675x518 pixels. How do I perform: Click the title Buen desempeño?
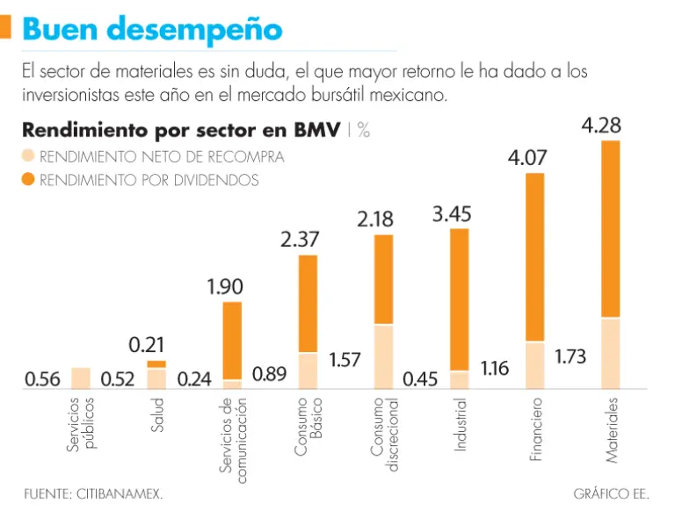click(152, 29)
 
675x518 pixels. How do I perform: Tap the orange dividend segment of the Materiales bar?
click(611, 228)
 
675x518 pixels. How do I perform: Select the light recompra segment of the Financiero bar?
click(534, 365)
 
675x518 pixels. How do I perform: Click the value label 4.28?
click(601, 126)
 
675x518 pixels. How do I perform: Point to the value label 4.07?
click(527, 159)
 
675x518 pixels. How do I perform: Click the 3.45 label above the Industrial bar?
click(453, 213)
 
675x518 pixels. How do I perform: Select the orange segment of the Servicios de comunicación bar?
click(232, 341)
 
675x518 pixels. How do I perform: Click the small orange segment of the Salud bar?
click(156, 363)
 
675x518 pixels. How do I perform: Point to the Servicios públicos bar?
click(81, 378)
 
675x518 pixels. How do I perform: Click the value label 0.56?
click(42, 379)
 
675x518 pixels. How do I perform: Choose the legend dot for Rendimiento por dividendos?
click(28, 180)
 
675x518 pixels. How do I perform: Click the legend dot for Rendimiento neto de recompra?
click(28, 157)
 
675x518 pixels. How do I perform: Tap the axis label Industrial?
click(460, 425)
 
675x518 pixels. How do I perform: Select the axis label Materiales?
click(612, 429)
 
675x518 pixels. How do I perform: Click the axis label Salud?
click(157, 414)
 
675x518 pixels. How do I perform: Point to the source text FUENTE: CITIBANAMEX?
click(93, 494)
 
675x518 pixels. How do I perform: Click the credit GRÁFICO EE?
click(611, 494)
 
